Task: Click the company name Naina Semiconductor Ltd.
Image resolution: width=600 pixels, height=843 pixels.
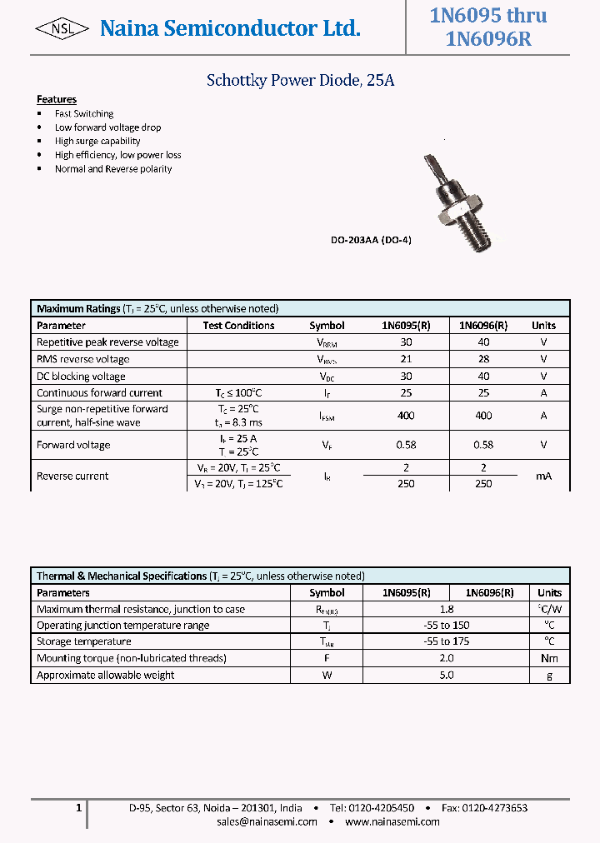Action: (x=230, y=29)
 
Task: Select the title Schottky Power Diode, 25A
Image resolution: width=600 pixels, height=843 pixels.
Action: (x=300, y=81)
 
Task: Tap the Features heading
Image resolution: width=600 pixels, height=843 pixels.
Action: (x=57, y=99)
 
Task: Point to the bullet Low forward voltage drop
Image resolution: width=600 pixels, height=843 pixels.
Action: (x=107, y=127)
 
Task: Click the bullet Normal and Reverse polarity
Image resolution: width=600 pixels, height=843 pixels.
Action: (x=113, y=168)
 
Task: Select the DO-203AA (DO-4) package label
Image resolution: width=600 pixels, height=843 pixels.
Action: (x=371, y=240)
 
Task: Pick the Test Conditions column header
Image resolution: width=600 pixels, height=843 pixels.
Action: (x=238, y=326)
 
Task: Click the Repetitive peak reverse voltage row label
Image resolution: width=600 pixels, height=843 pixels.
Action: (x=107, y=342)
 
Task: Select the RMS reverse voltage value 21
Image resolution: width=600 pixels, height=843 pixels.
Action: (x=406, y=359)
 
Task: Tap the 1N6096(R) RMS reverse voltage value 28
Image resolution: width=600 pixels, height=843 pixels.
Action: (x=483, y=359)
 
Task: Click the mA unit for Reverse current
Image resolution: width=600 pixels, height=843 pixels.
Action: (x=543, y=476)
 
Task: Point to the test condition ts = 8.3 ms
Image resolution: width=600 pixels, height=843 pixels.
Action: (x=238, y=422)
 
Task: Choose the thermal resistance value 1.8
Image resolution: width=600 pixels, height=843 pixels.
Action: (x=446, y=609)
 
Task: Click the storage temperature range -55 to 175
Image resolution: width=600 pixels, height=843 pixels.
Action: (x=446, y=641)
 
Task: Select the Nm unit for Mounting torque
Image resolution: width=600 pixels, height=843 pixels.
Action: (x=549, y=658)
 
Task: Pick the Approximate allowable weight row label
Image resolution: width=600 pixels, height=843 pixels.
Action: (x=106, y=675)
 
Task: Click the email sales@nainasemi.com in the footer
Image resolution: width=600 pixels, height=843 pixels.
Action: (x=267, y=821)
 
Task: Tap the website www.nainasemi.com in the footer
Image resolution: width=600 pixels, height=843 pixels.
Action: (x=392, y=821)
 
